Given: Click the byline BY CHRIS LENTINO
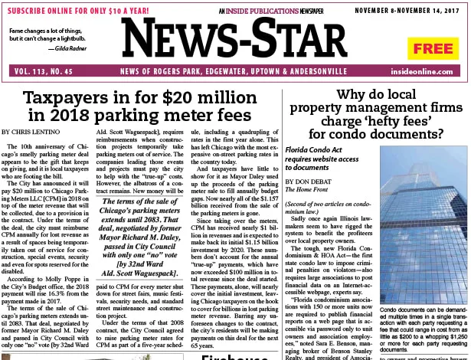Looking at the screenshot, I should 39,132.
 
